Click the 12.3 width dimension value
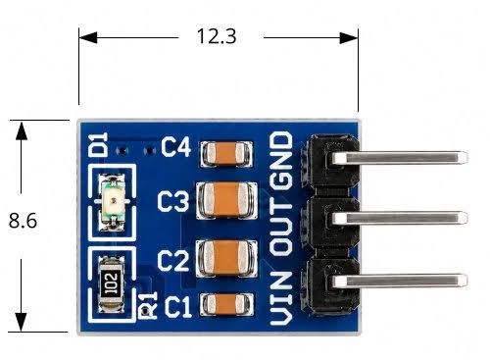[217, 36]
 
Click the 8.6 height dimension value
[23, 221]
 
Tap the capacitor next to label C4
[226, 153]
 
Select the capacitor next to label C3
[226, 200]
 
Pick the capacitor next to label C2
[226, 258]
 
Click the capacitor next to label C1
[226, 304]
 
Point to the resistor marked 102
[111, 283]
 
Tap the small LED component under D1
[113, 202]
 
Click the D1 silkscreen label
[99, 144]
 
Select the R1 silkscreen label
[149, 305]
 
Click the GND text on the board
[281, 161]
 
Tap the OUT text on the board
[281, 228]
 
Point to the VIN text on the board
[281, 298]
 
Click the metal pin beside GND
[399, 158]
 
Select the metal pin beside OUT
[399, 218]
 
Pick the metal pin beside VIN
[399, 281]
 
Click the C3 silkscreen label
[173, 201]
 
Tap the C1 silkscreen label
[178, 307]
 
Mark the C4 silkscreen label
[175, 147]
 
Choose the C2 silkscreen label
[173, 261]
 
